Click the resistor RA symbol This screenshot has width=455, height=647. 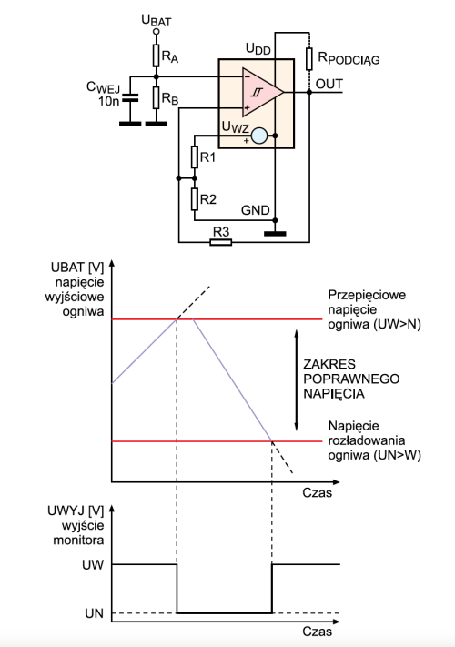pos(156,56)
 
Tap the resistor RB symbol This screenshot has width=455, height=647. pos(156,97)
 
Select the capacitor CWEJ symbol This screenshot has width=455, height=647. pos(130,98)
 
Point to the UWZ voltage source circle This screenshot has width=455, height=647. pos(259,136)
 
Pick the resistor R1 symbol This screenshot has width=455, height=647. pos(195,157)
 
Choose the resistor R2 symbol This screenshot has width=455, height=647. pos(195,199)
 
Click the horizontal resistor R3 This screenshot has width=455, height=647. pos(221,242)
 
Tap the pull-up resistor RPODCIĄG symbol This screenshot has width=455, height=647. pos(309,58)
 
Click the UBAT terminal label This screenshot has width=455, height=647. pos(157,20)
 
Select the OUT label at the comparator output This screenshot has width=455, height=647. pos(329,84)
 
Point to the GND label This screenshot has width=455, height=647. pos(256,210)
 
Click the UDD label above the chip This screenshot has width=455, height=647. pos(258,49)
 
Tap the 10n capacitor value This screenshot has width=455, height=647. pos(108,101)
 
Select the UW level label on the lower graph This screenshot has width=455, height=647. pos(93,564)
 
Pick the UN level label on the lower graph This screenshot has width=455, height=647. pos(94,613)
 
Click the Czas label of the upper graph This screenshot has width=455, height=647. pos(318,492)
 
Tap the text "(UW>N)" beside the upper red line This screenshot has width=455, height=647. pos(397,324)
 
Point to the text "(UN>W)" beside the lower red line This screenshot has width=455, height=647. pos(397,455)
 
